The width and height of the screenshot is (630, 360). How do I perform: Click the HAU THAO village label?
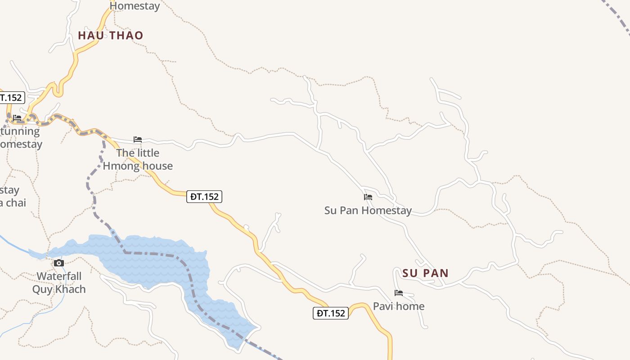[110, 36]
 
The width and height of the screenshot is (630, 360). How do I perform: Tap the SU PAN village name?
[425, 273]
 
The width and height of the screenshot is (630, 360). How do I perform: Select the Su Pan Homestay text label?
[368, 211]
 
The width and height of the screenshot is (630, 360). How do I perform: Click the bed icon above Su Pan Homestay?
[368, 197]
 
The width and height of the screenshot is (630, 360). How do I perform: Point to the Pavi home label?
[398, 306]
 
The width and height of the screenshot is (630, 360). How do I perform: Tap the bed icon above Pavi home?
[398, 293]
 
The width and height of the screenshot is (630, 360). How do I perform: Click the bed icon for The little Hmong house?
[138, 139]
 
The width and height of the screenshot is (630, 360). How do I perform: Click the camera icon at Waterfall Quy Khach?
[59, 263]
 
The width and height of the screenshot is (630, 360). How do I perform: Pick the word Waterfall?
[59, 276]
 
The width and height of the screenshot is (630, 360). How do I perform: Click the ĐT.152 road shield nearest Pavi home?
[331, 313]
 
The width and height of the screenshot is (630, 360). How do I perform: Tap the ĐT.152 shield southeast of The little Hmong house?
[205, 197]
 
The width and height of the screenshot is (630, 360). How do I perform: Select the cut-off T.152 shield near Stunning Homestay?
[11, 97]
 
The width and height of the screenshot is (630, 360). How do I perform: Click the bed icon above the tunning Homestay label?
[17, 118]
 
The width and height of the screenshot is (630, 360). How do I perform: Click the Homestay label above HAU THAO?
[135, 6]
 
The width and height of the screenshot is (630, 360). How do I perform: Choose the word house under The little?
[156, 166]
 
